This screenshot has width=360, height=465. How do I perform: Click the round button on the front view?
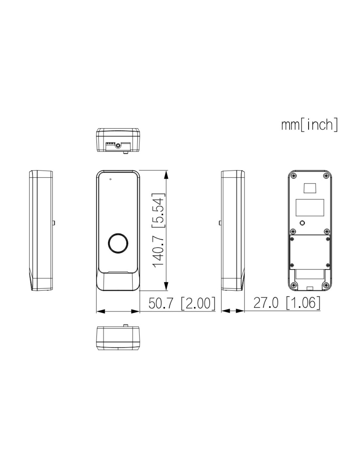pyautogui.click(x=118, y=243)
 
